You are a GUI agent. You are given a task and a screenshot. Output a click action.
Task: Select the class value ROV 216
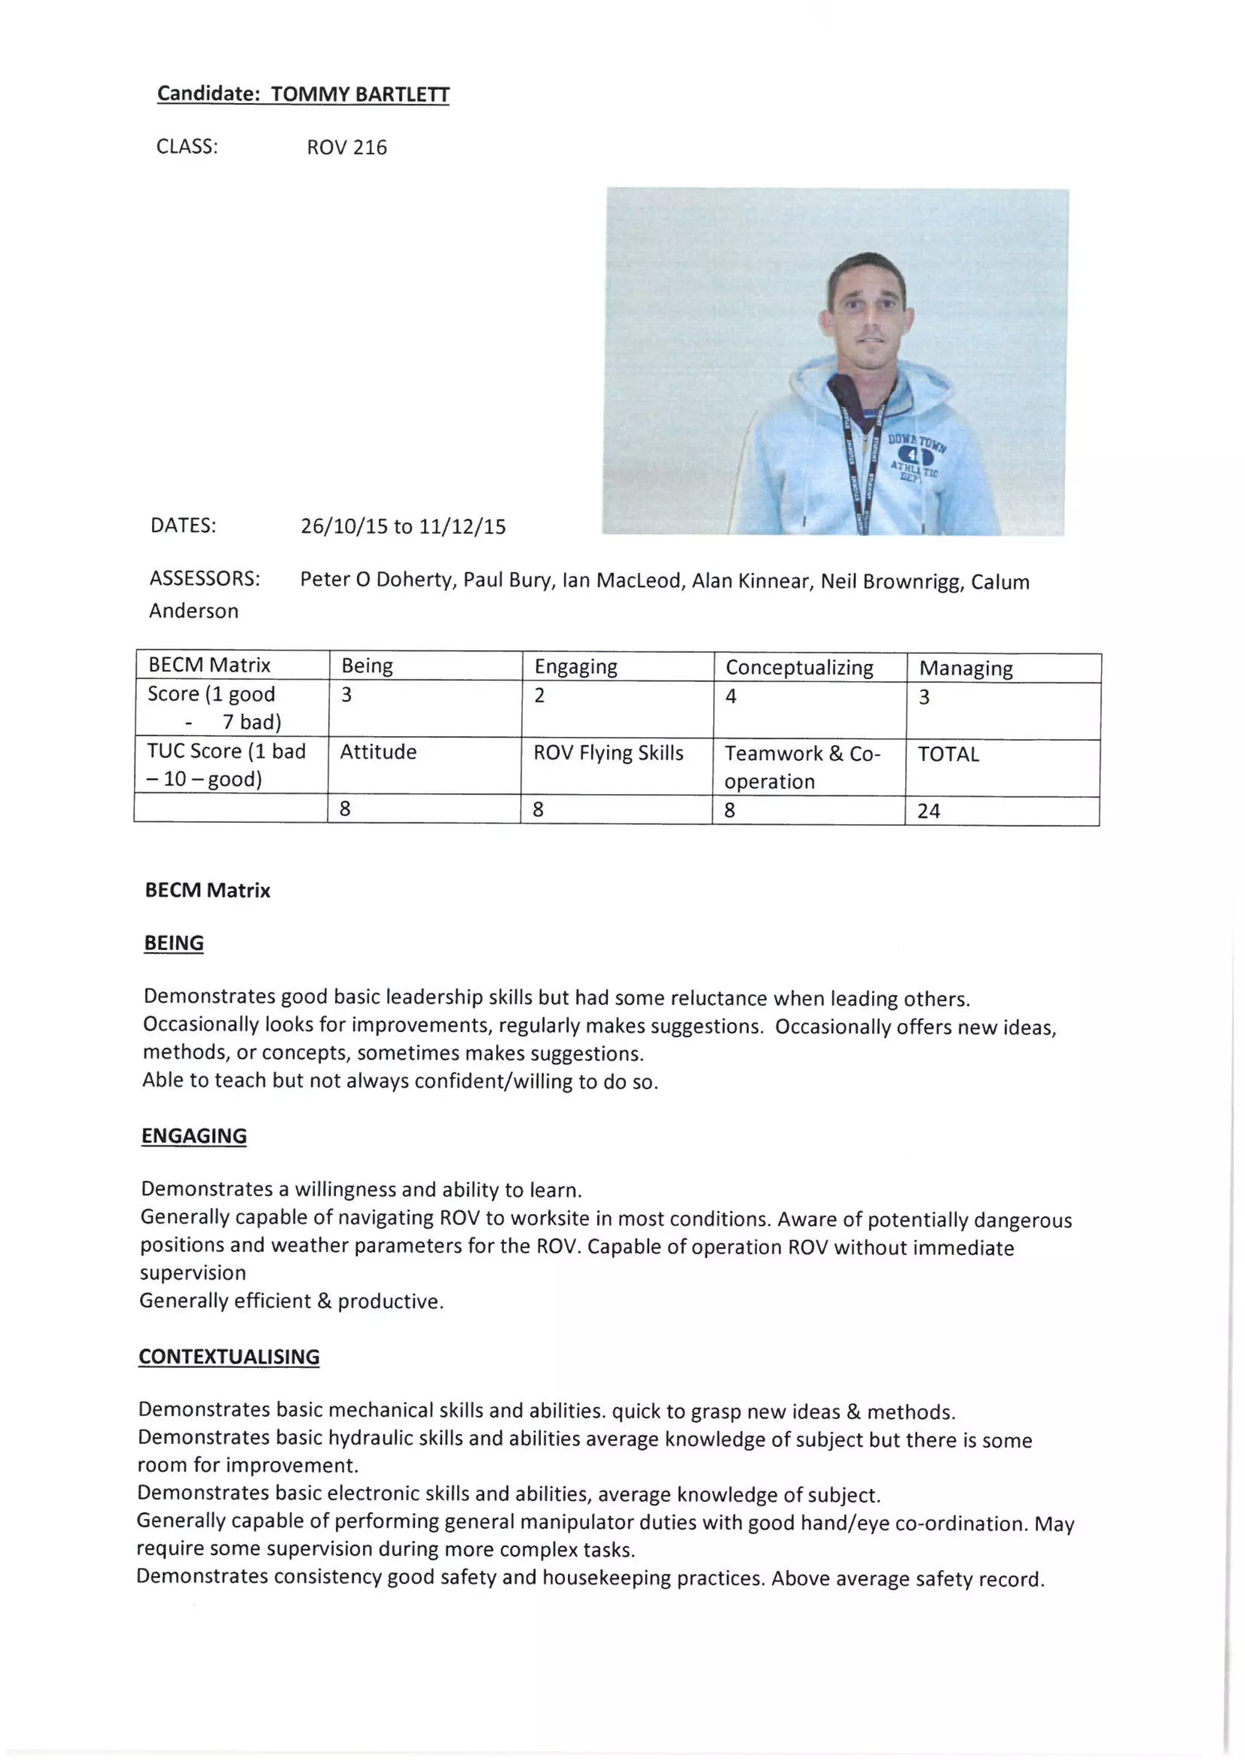(x=347, y=147)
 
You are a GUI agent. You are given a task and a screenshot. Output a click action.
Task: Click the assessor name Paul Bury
(x=507, y=580)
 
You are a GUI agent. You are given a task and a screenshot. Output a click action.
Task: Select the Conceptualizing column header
(x=799, y=668)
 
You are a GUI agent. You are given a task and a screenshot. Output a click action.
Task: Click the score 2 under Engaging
(x=540, y=696)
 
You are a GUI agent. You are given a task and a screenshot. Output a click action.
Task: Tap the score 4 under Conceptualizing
(x=731, y=697)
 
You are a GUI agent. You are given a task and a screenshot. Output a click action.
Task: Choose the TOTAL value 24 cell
(x=928, y=811)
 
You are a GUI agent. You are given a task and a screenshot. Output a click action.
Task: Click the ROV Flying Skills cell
(x=608, y=753)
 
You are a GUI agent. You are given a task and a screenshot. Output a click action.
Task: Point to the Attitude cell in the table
(x=378, y=752)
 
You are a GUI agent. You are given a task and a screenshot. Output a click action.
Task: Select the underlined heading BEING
(x=174, y=943)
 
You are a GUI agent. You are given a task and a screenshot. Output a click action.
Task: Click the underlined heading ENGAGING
(x=194, y=1136)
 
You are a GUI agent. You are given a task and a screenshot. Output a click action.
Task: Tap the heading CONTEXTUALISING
(x=229, y=1357)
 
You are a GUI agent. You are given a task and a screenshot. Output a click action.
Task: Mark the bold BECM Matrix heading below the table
(x=208, y=891)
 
